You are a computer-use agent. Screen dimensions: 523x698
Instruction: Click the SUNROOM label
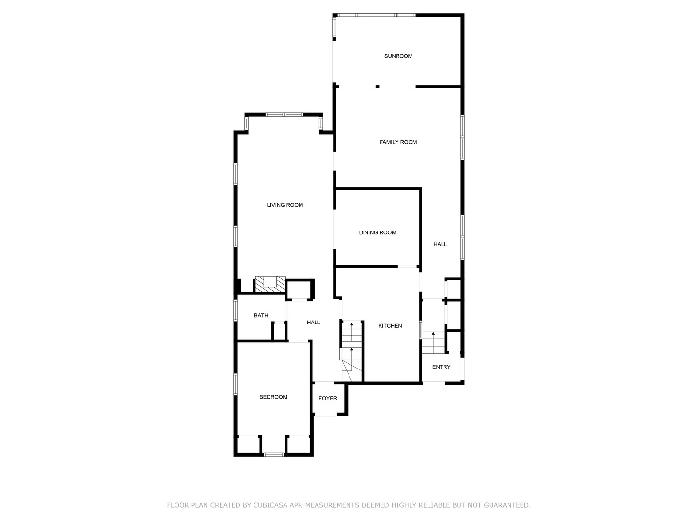click(398, 56)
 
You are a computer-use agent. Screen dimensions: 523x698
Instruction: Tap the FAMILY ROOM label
click(398, 142)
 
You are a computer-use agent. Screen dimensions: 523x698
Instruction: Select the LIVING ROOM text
click(285, 205)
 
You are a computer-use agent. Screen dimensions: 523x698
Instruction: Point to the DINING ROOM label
click(377, 233)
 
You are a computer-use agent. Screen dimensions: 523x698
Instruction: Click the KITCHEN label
click(390, 326)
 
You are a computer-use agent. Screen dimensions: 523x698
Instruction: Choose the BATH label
click(261, 316)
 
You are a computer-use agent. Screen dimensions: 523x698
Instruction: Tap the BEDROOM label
click(273, 397)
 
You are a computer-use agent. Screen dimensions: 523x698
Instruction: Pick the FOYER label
click(328, 399)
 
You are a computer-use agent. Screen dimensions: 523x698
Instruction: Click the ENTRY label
click(441, 367)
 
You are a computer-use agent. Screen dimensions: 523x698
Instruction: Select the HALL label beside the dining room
click(440, 244)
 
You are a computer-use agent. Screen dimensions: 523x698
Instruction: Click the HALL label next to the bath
click(314, 323)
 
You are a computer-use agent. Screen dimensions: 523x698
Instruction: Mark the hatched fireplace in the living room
click(270, 284)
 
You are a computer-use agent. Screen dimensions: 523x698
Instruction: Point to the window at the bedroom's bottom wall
click(273, 454)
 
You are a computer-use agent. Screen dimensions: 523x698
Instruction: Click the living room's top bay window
click(284, 115)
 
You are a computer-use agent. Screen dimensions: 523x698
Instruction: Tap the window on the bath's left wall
click(235, 310)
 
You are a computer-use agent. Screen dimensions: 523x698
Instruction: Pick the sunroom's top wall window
click(376, 15)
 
